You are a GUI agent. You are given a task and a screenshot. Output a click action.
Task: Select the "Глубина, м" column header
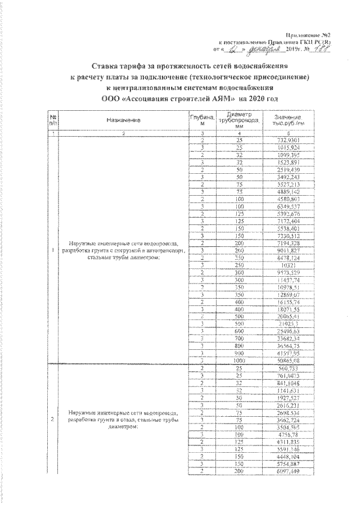pyautogui.click(x=206, y=120)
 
